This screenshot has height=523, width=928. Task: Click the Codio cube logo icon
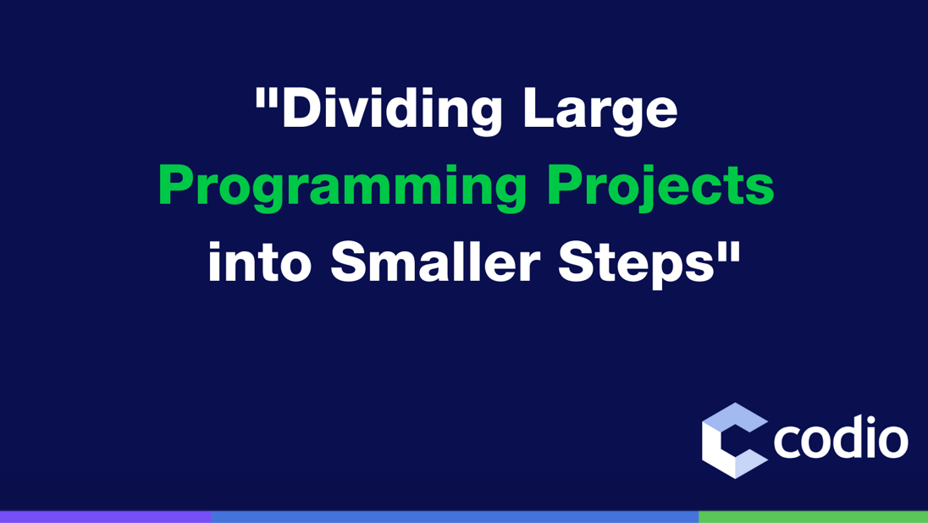[x=734, y=440]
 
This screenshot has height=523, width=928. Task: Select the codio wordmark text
[x=841, y=440]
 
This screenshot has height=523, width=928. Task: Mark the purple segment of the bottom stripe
[x=105, y=516]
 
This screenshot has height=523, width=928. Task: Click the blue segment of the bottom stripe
[x=455, y=516]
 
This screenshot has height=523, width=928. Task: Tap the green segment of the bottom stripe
[x=813, y=516]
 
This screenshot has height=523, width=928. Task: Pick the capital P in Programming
[x=176, y=187]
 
